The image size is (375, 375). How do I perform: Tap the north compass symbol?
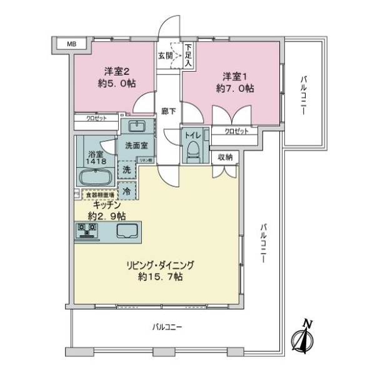click(304, 338)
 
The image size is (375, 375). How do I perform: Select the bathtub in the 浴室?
click(95, 177)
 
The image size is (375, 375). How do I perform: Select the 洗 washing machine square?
click(126, 170)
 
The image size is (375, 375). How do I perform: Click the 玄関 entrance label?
click(165, 55)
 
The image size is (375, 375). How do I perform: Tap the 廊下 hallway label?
click(168, 111)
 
